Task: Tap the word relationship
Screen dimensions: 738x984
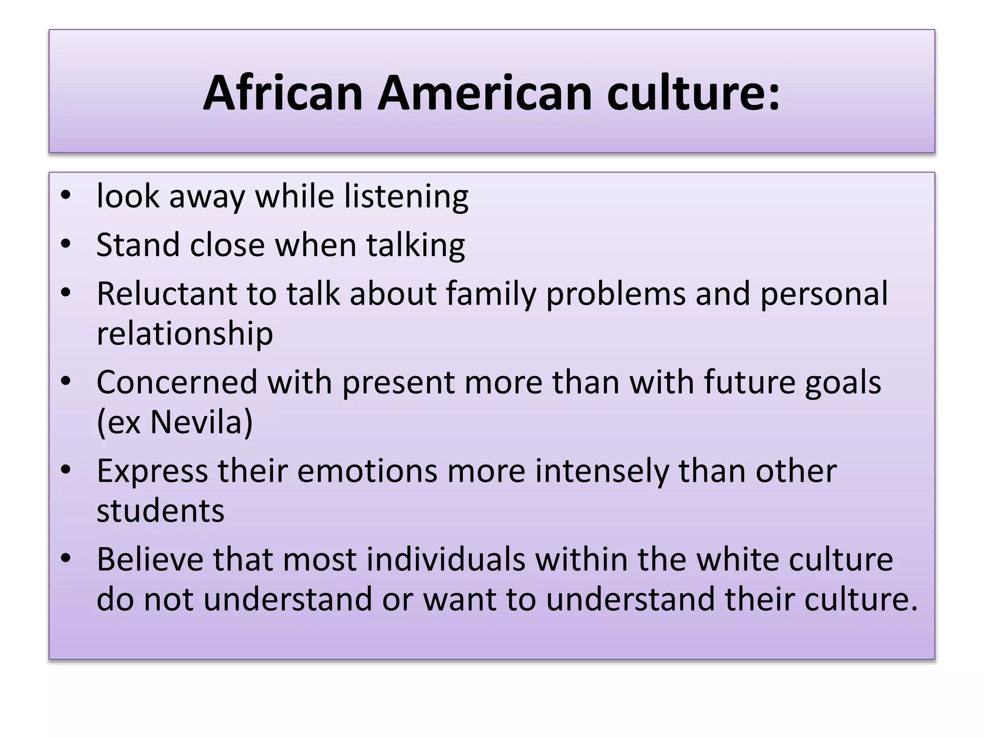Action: tap(184, 334)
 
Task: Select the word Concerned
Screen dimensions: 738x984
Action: tap(177, 382)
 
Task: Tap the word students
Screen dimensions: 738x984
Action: tap(160, 511)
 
